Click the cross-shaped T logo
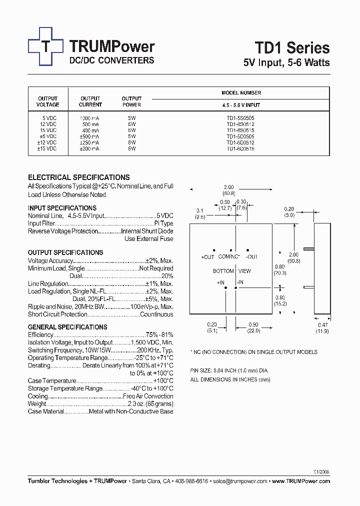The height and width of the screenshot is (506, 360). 45,46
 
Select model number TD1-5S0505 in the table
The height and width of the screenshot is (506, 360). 240,117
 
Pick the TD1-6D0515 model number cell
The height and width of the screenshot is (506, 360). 240,148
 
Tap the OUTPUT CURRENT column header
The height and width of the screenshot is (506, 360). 90,101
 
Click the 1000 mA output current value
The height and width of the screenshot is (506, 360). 89,117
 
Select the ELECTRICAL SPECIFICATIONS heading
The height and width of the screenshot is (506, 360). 78,177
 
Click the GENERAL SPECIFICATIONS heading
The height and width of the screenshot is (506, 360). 67,327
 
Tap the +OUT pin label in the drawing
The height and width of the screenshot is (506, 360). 207,257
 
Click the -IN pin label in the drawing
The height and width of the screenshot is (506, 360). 239,282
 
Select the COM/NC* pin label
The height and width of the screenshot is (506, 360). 229,257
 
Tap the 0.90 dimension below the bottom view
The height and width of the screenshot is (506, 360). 253,325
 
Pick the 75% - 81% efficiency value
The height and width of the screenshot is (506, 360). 159,334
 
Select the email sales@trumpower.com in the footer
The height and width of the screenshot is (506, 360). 239,481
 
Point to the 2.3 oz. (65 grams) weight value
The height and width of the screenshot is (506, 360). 150,404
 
